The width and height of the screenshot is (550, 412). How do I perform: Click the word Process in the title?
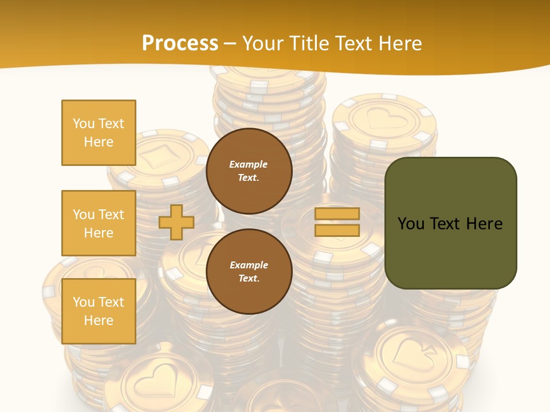click(x=180, y=43)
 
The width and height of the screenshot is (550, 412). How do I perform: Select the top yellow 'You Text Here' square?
click(x=99, y=133)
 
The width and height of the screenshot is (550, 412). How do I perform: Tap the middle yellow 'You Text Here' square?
click(x=99, y=223)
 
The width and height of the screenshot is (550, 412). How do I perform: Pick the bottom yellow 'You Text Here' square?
click(x=99, y=311)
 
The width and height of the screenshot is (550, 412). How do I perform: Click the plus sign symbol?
click(x=176, y=222)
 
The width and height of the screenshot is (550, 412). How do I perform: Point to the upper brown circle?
click(x=249, y=171)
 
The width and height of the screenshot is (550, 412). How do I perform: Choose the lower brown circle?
click(x=249, y=271)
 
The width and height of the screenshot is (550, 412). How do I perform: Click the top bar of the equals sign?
click(x=337, y=214)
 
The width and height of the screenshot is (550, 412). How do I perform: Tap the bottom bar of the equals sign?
click(x=337, y=230)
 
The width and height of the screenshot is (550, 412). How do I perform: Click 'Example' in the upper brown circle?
click(x=249, y=164)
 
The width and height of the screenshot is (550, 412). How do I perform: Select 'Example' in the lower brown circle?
click(x=249, y=265)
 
